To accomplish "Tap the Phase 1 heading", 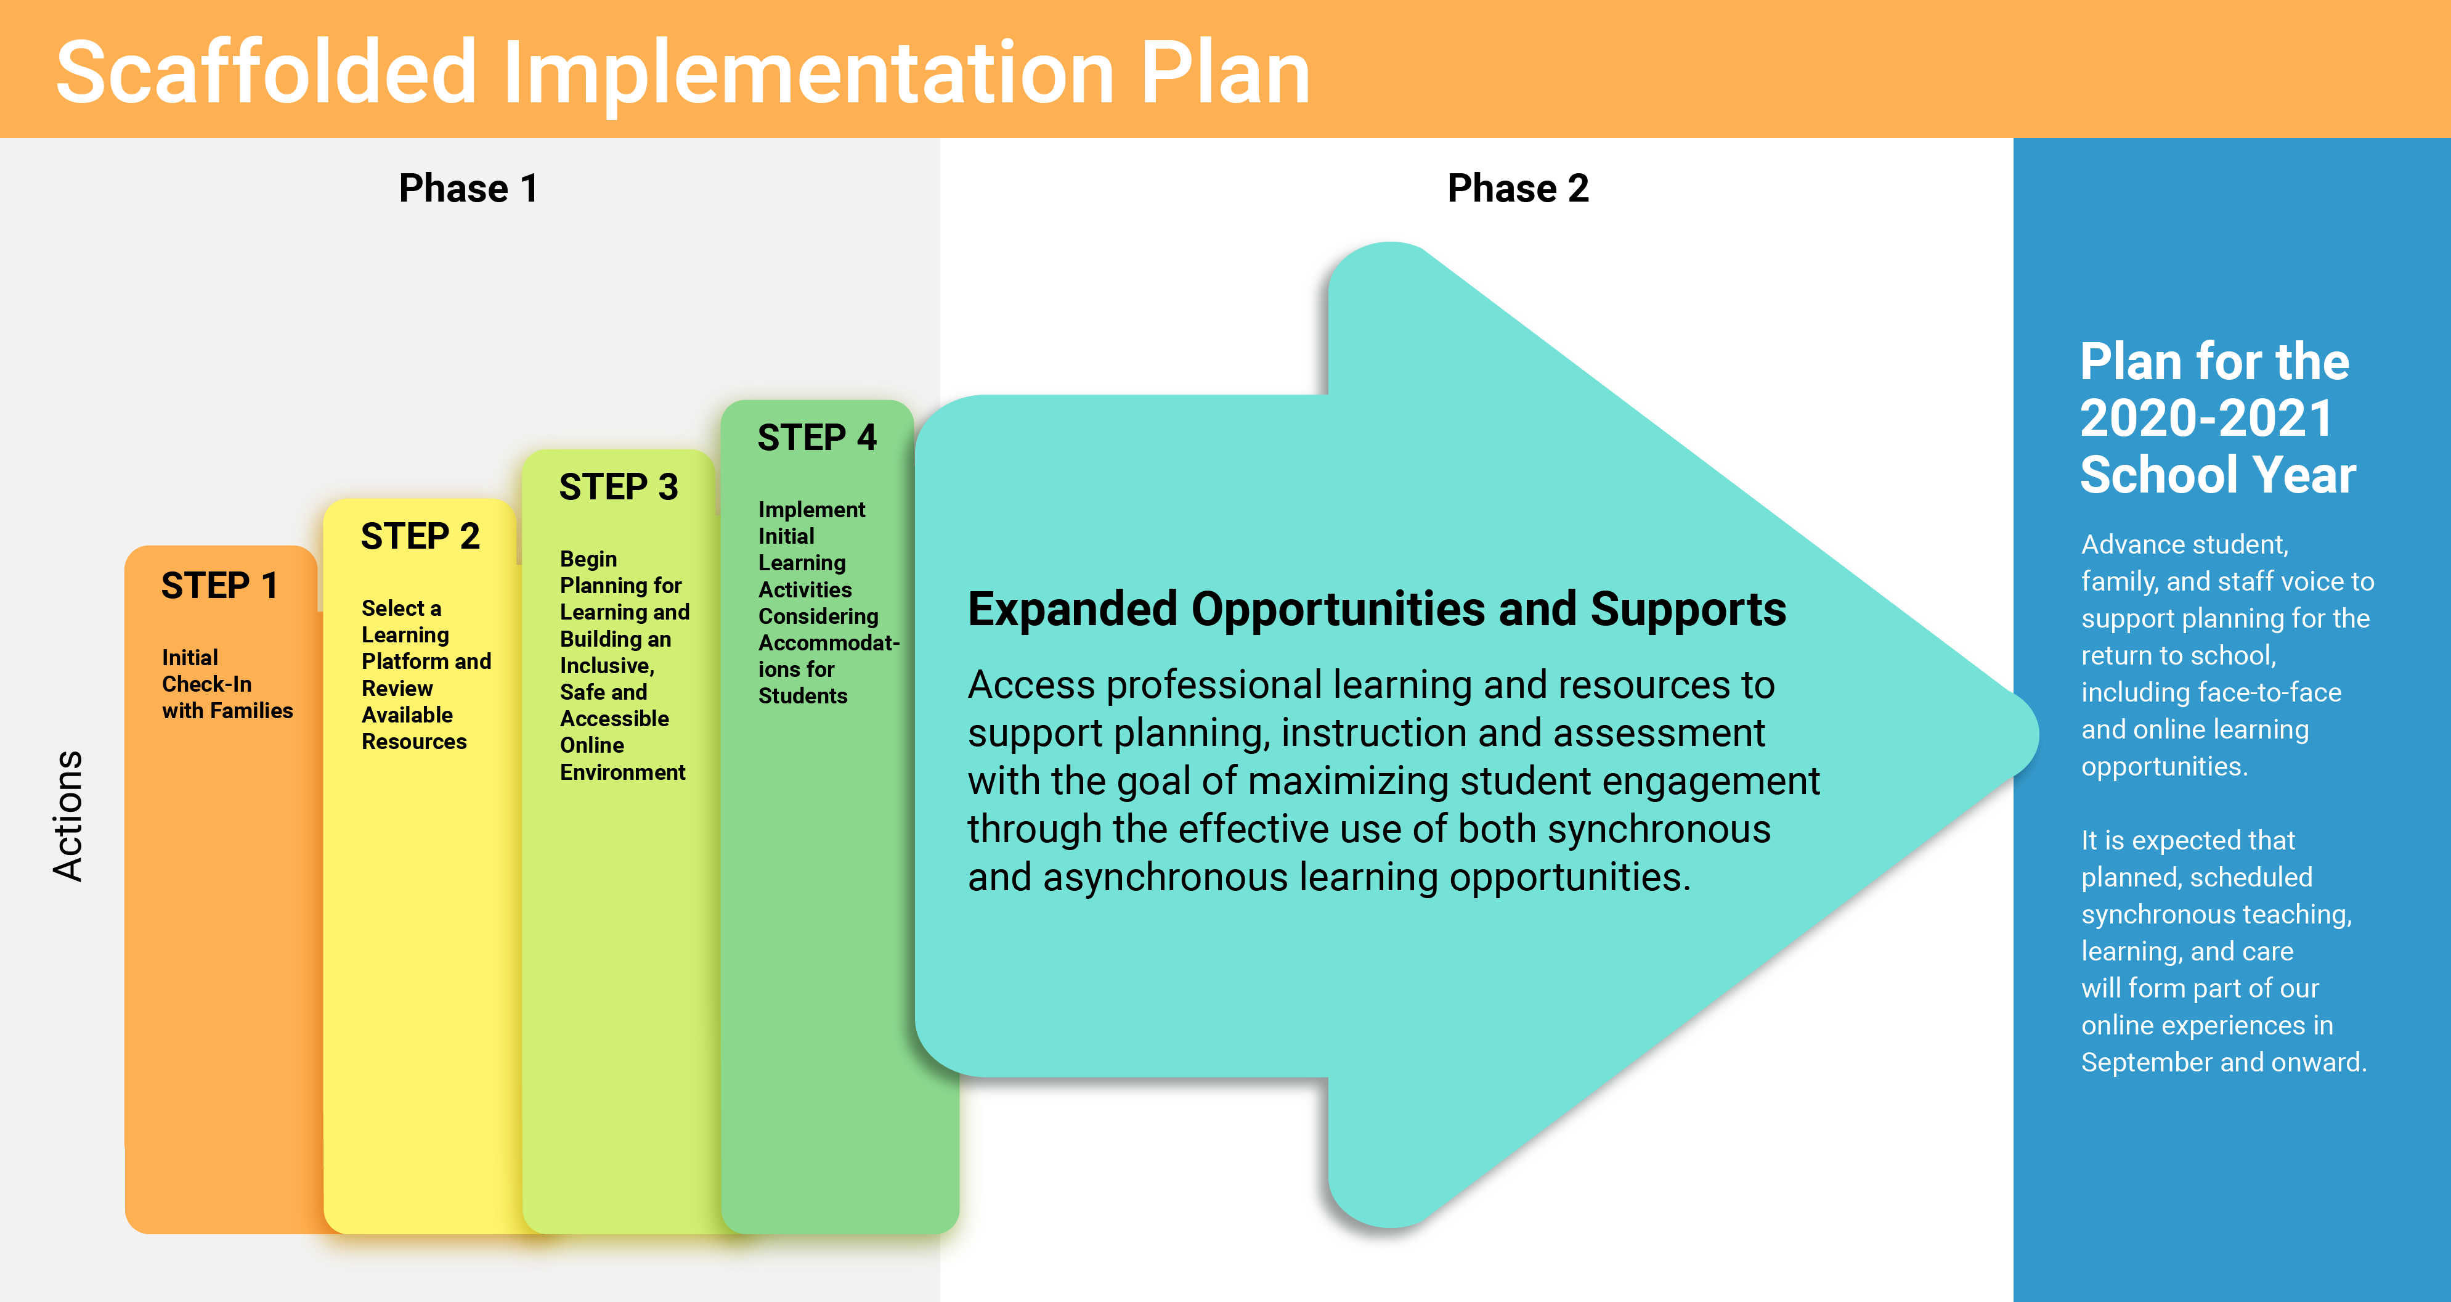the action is point(468,189).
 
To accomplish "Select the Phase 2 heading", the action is point(1518,189).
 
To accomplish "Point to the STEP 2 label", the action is point(420,536).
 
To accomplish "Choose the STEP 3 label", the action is point(619,486).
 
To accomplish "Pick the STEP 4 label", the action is point(816,437).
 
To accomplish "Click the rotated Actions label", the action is point(68,816).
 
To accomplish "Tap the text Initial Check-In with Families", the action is point(227,684).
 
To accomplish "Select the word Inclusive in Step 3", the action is point(607,666).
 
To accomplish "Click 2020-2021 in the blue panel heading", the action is point(2206,418).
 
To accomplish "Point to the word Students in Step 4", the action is point(802,696).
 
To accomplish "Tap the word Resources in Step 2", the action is point(414,742).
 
